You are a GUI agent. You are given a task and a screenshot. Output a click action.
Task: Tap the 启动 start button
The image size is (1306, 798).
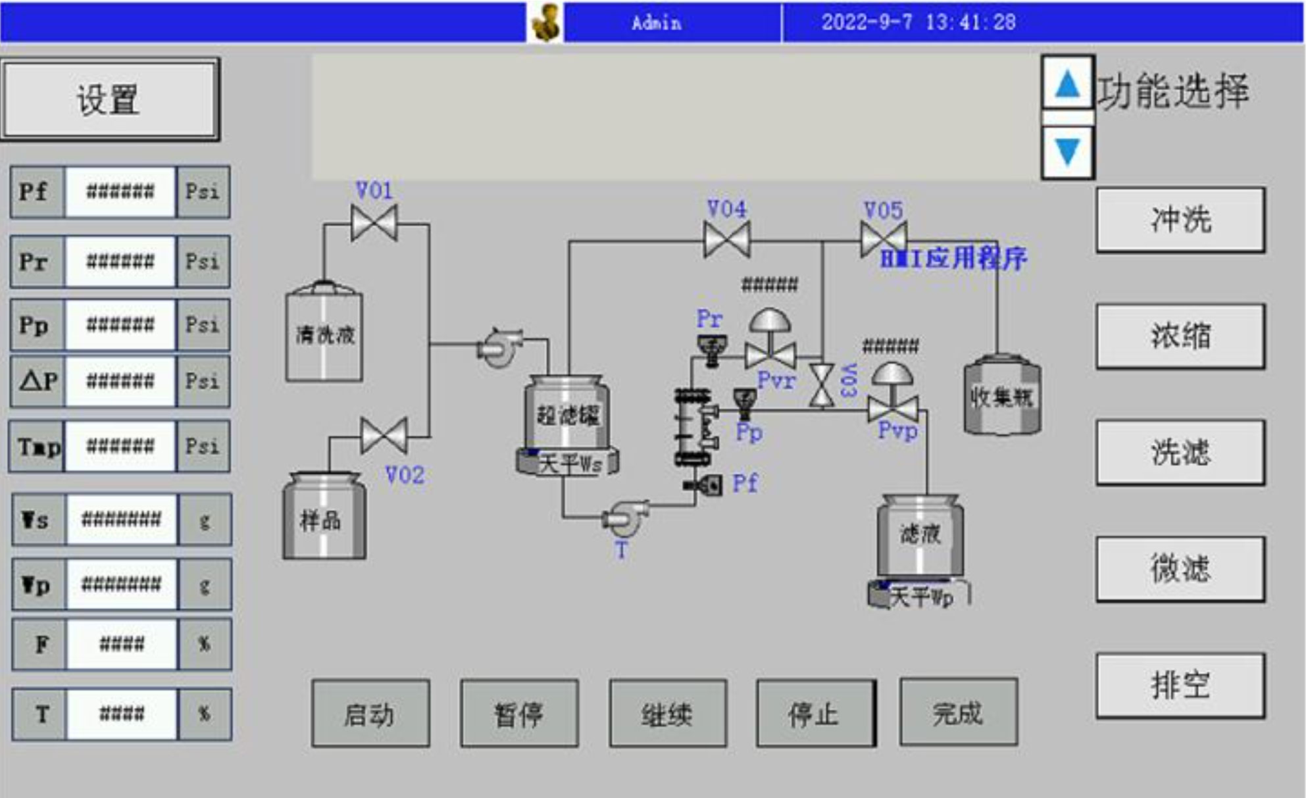[370, 713]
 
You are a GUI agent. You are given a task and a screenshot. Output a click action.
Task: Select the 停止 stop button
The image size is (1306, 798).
[815, 713]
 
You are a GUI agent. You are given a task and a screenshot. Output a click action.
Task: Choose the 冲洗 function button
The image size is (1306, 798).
[1180, 219]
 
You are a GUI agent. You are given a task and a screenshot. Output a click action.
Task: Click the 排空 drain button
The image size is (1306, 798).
[1180, 685]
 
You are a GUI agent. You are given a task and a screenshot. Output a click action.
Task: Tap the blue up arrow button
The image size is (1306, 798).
[1067, 84]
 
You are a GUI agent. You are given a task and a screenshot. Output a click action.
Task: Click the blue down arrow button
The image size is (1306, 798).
[1067, 152]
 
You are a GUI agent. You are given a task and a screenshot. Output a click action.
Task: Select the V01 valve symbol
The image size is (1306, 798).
[374, 223]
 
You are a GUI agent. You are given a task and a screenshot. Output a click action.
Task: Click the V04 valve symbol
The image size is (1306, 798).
[726, 239]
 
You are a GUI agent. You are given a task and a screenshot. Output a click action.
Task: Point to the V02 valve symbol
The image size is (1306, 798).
[384, 436]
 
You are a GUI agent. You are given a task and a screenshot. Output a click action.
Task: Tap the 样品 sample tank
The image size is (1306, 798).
[323, 518]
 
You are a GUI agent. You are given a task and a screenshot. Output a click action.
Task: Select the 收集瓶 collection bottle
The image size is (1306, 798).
[1002, 396]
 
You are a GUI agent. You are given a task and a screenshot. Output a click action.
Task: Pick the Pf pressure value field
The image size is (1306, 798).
[120, 192]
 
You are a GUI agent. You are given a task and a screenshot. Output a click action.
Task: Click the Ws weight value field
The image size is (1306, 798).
[121, 520]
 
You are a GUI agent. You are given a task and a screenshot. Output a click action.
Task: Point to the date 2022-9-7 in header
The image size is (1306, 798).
[867, 22]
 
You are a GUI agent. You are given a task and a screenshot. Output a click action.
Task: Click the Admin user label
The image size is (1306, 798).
[656, 23]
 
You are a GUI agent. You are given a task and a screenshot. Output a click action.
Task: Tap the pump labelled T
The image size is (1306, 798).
[625, 518]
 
